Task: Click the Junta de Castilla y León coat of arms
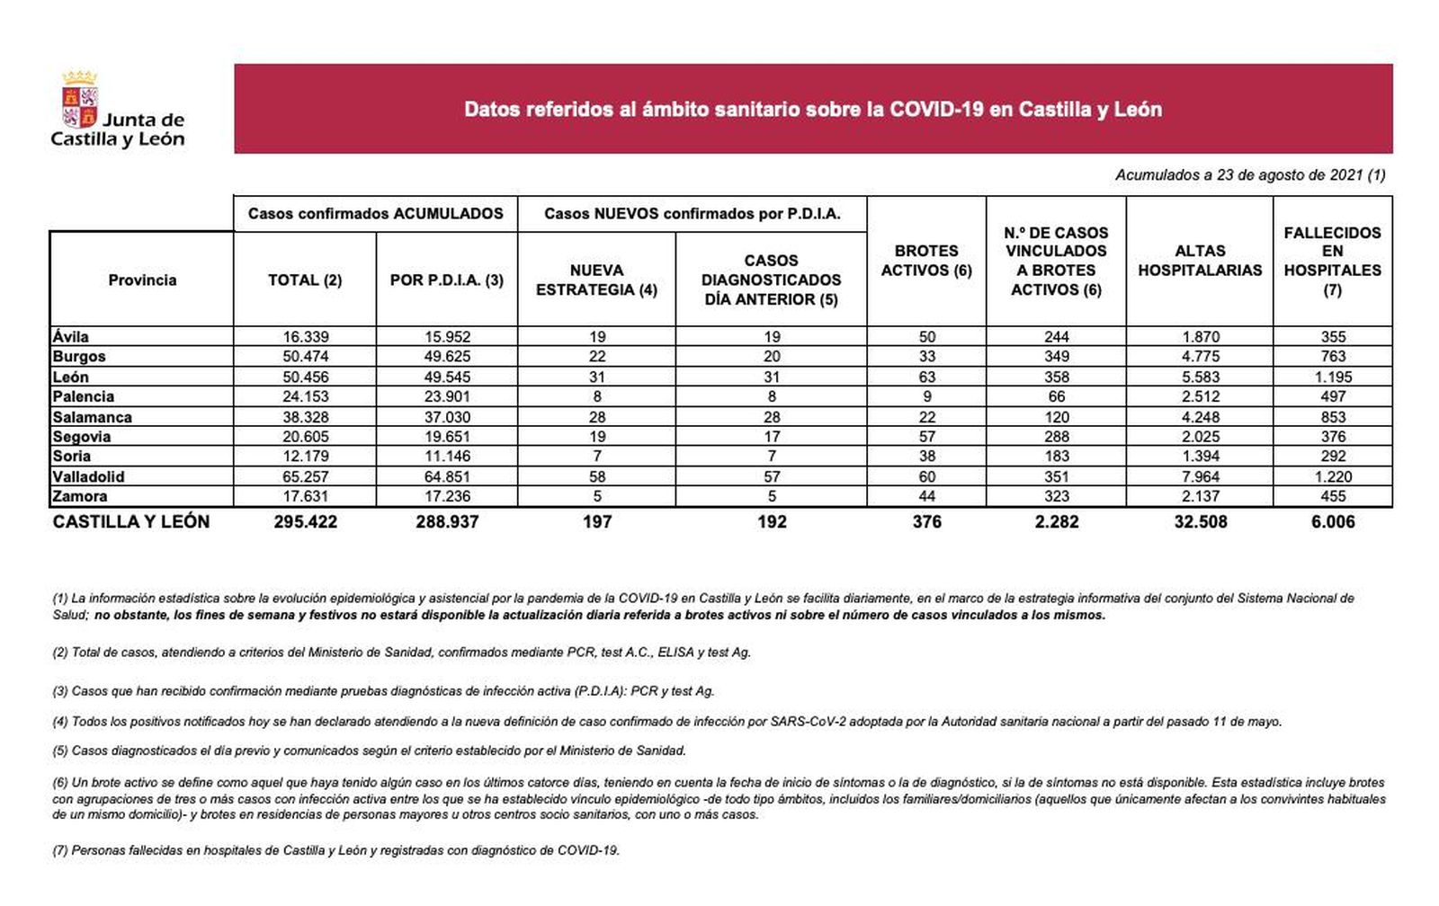[x=79, y=101]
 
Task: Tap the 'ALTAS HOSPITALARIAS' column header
[x=1200, y=261]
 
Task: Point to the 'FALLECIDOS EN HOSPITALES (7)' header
[x=1332, y=261]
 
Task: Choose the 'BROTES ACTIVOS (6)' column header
[x=926, y=261]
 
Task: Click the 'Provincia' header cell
[x=142, y=280]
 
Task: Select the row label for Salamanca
[x=92, y=417]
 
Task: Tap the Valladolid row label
[x=88, y=476]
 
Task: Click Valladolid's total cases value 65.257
[x=306, y=476]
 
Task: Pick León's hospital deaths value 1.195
[x=1333, y=377]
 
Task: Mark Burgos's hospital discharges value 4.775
[x=1201, y=357]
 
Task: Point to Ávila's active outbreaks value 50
[x=927, y=337]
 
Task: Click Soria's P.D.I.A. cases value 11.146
[x=447, y=457]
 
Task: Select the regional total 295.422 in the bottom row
[x=306, y=522]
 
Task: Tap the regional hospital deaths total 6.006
[x=1333, y=522]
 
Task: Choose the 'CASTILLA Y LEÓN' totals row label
[x=131, y=522]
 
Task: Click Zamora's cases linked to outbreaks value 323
[x=1057, y=496]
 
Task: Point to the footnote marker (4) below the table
[x=60, y=722]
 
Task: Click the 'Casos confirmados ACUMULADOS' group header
[x=376, y=214]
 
